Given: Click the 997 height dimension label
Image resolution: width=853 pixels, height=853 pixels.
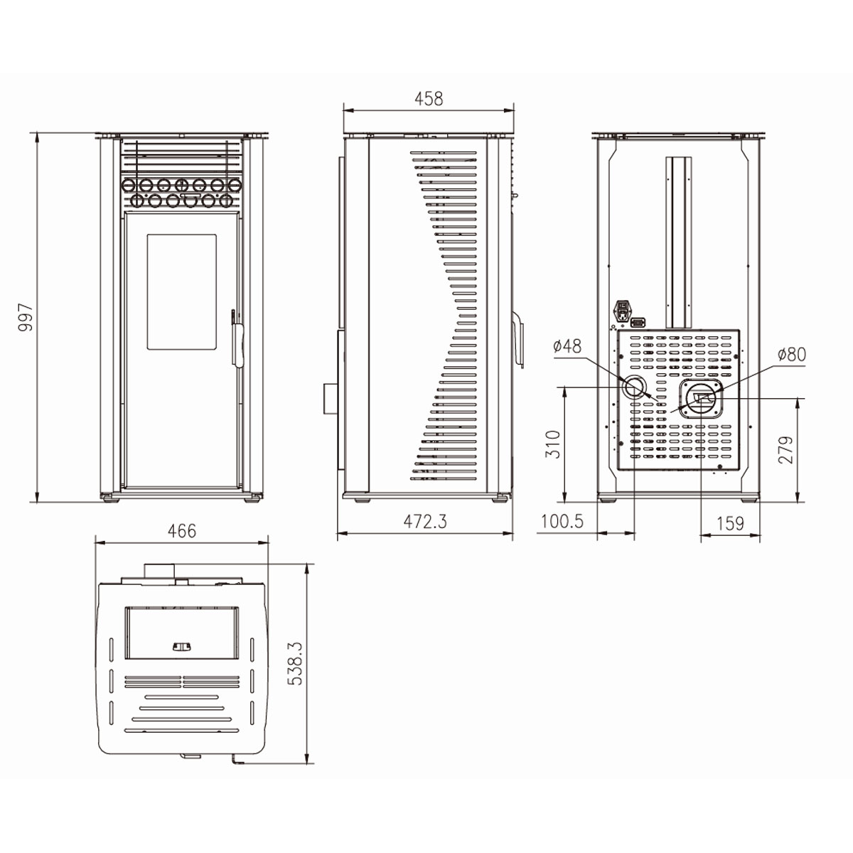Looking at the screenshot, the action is [x=26, y=317].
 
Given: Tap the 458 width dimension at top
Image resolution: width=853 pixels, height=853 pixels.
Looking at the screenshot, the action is [x=429, y=99].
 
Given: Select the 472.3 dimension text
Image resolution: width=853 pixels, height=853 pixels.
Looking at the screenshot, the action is [x=425, y=522].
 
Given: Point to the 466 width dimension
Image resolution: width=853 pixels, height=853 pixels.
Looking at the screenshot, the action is [x=182, y=531].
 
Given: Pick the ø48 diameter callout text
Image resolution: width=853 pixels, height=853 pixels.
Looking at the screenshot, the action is [x=567, y=345].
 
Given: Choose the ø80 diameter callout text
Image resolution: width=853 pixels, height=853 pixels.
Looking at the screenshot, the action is [x=792, y=354].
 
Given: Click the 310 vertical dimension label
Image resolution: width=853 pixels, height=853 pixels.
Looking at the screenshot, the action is [x=553, y=444].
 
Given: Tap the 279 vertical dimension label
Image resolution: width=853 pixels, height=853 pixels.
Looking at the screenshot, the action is [x=785, y=450].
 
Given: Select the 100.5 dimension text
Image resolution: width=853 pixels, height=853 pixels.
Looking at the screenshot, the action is [x=562, y=522].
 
